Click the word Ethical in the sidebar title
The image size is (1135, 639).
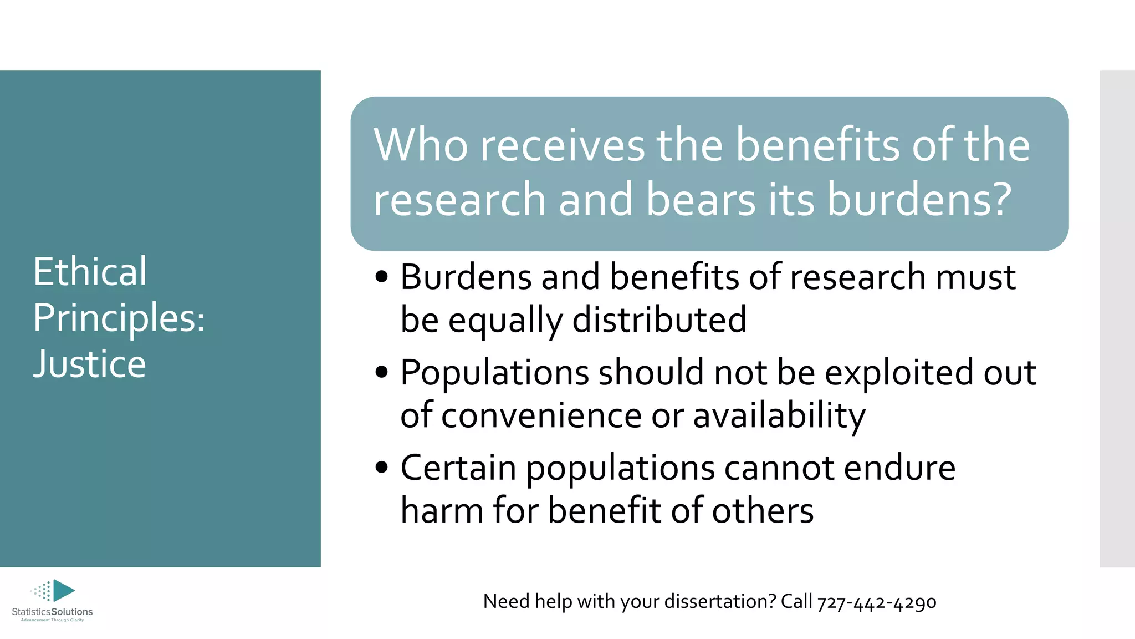tap(90, 272)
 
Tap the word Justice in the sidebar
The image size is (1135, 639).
tap(90, 364)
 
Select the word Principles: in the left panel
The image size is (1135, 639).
tap(119, 318)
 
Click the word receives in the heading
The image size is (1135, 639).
tap(562, 145)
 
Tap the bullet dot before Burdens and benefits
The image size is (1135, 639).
tap(381, 277)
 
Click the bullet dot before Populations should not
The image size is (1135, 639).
tap(381, 372)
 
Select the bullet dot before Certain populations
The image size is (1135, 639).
tap(381, 468)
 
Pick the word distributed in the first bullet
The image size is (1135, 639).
tap(659, 320)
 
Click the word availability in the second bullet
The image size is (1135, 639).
tap(779, 415)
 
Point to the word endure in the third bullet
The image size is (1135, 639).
tap(899, 468)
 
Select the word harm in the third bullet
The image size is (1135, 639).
tap(441, 510)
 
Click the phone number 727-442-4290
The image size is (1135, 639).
tap(877, 602)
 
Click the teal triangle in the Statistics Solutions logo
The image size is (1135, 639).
tap(63, 590)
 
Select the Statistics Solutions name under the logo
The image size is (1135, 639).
tap(52, 612)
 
